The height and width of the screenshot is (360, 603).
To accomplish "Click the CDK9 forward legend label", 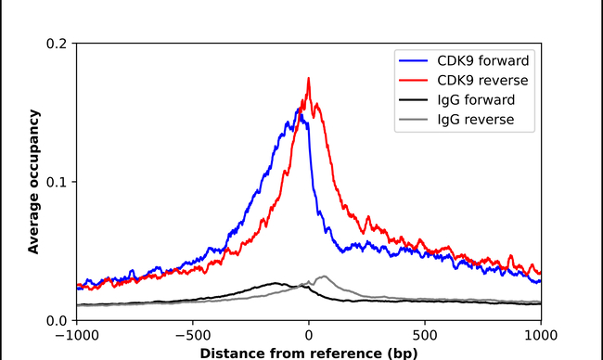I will point(476,60).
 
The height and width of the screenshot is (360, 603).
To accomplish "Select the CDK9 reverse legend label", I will point(476,80).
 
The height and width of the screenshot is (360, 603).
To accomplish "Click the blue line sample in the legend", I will point(414,60).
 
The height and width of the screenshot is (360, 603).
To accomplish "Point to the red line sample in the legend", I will point(414,80).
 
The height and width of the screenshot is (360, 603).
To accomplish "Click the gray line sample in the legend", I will point(414,119).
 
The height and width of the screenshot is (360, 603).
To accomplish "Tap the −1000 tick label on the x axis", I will point(76,337).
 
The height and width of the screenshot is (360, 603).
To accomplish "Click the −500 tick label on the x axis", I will point(192,337).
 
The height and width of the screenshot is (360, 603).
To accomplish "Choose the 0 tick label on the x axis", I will point(308,337).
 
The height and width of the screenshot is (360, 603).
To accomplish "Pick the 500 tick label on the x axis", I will point(424,337).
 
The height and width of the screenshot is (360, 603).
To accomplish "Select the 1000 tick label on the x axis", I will point(540,337).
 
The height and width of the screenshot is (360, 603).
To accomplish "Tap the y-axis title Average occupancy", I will point(33,181).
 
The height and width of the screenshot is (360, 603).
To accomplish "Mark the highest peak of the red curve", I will point(308,79).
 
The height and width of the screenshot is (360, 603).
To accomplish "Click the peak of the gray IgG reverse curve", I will point(324,276).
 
